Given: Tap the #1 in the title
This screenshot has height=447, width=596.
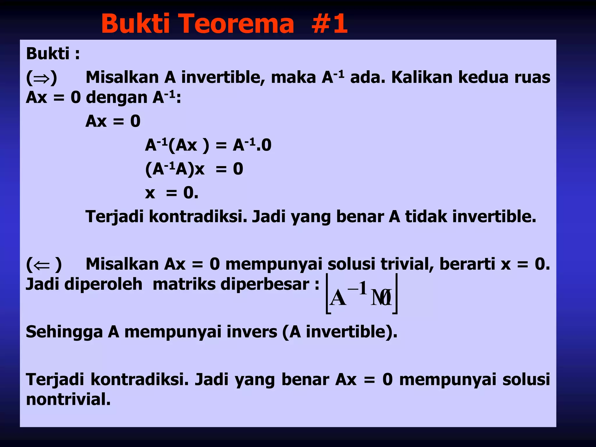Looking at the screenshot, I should [329, 24].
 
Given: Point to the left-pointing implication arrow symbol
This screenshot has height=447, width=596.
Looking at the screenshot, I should [42, 265].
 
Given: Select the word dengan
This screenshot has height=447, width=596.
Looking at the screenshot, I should [116, 98].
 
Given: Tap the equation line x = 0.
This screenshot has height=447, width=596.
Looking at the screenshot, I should [172, 193].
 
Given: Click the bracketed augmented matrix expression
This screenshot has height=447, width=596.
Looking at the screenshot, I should [361, 294].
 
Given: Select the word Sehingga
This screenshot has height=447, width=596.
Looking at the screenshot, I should [64, 332].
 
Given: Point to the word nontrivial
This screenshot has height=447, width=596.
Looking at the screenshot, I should [68, 399].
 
